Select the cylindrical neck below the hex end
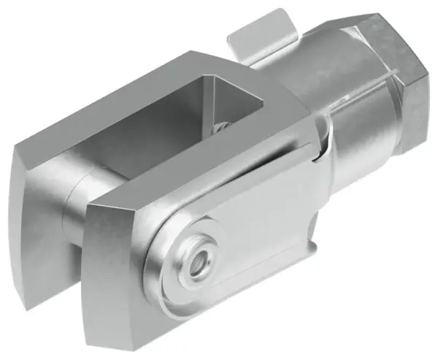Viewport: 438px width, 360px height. point(358,153)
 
